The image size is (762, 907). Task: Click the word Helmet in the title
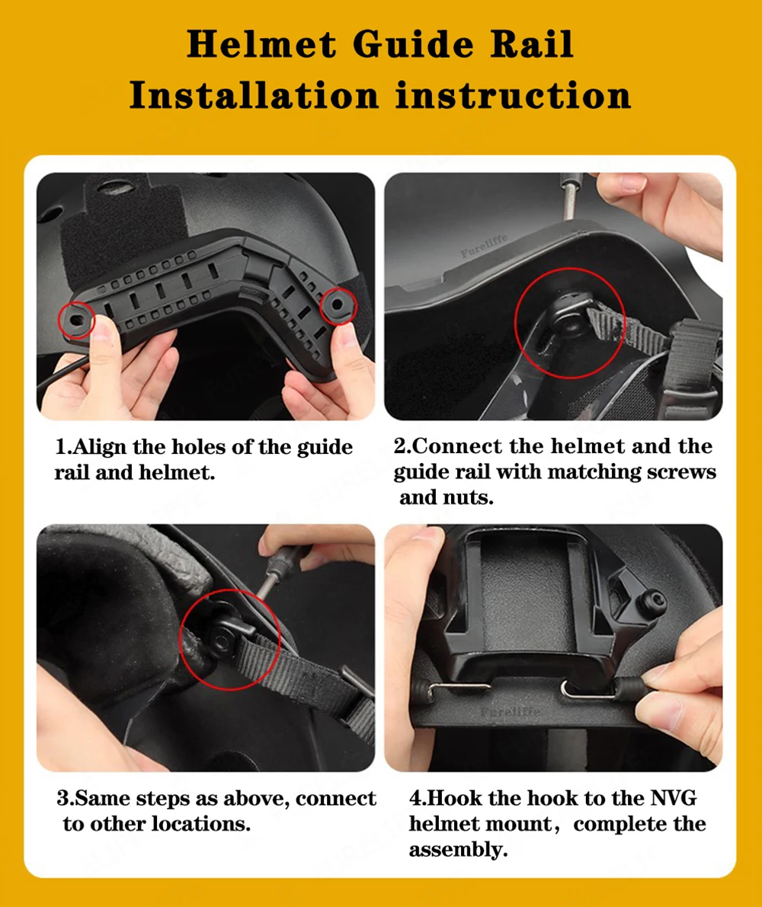[x=261, y=44]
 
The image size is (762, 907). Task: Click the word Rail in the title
[x=532, y=44]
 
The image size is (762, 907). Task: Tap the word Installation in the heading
[x=254, y=95]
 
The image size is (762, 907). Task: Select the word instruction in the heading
[x=513, y=95]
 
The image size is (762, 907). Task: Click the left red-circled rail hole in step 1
[x=75, y=319]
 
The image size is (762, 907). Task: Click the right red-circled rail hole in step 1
[x=338, y=303]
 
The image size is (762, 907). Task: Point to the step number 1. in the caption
[x=63, y=447]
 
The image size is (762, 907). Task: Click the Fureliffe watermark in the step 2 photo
[x=485, y=246]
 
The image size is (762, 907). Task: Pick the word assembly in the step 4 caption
[x=458, y=851]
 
